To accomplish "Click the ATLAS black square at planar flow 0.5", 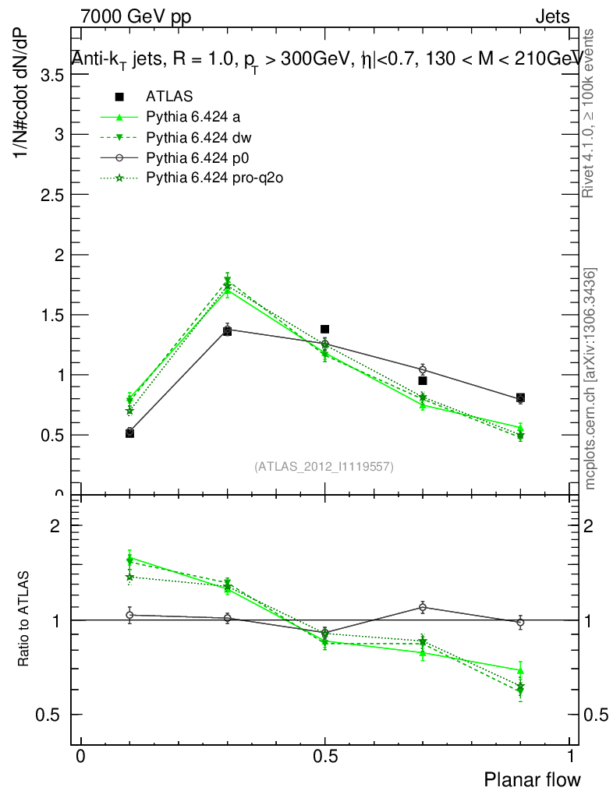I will [x=324, y=329].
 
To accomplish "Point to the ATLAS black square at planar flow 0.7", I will [x=423, y=380].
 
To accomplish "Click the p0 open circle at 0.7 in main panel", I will [x=423, y=369].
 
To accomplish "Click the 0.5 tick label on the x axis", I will [x=324, y=756].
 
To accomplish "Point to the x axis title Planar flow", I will [x=532, y=779].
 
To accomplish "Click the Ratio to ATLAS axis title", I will [x=24, y=620].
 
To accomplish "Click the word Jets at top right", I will [x=552, y=16].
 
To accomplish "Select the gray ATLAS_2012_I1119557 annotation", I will [x=324, y=467].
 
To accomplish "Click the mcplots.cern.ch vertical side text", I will [x=590, y=380].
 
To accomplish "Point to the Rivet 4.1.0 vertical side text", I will [x=590, y=113].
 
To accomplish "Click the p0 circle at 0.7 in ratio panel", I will [x=423, y=607].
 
